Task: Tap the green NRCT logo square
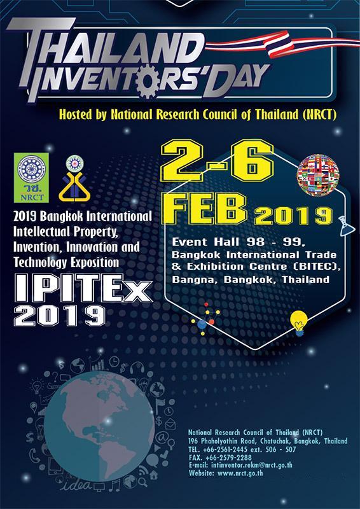[31, 178]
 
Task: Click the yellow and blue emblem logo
[74, 179]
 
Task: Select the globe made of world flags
[318, 176]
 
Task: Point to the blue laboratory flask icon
[345, 226]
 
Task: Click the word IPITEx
[83, 288]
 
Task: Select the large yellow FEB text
[209, 209]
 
